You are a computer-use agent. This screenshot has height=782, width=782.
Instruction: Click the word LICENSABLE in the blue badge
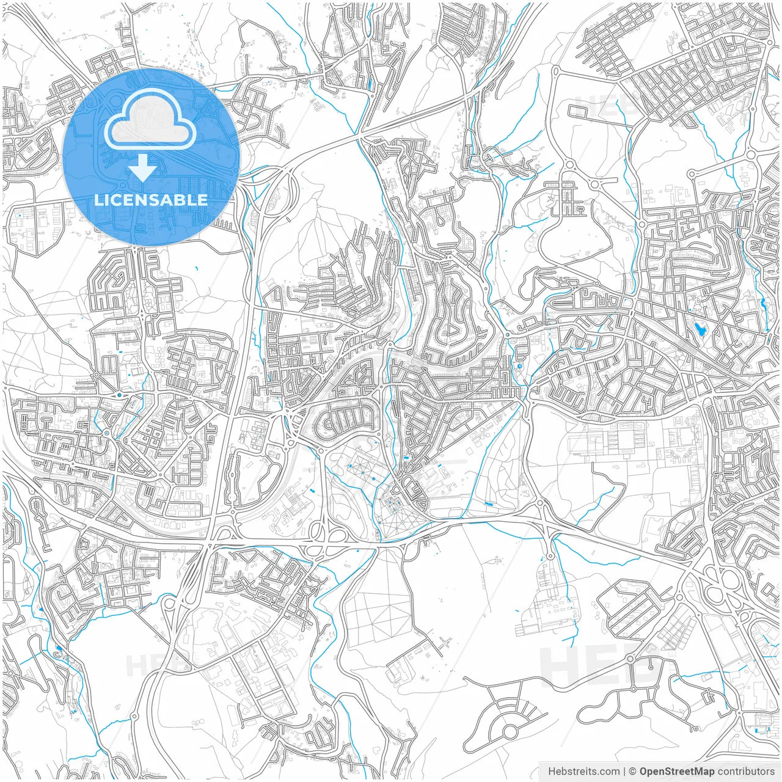tap(150, 200)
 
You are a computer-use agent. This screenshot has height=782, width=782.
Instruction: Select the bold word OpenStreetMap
tap(676, 772)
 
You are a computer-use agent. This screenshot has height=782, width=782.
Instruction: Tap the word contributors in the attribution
tap(745, 772)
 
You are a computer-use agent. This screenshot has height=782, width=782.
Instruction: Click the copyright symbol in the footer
tap(633, 772)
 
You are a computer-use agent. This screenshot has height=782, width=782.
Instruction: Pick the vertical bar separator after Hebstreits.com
tap(624, 772)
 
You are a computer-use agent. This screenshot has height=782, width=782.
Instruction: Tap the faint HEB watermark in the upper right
tap(602, 107)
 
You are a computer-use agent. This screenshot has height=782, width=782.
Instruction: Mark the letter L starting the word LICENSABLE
tap(98, 200)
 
